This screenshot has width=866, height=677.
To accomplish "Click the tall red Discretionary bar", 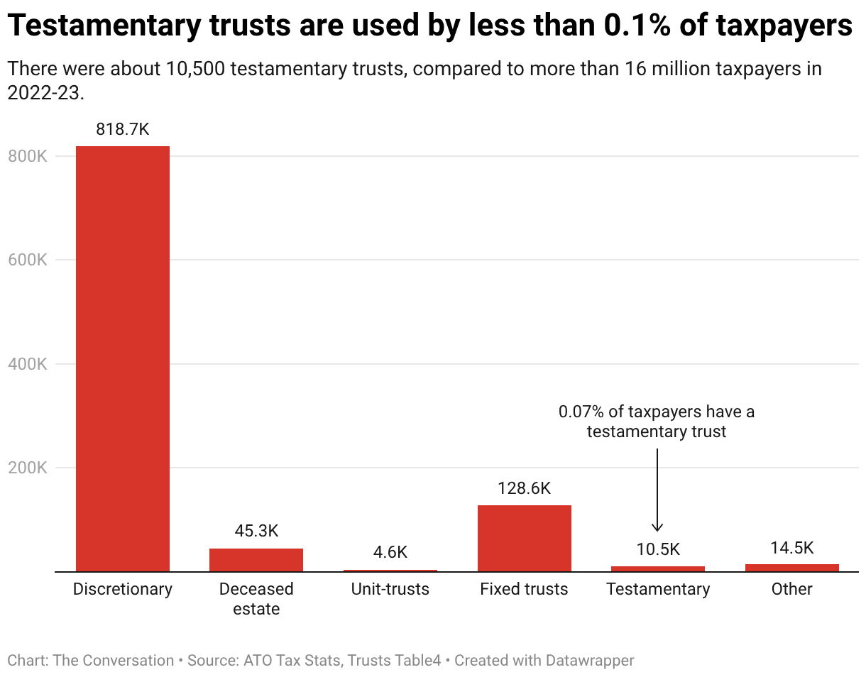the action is [123, 359].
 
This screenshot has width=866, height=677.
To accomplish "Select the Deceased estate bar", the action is [256, 560].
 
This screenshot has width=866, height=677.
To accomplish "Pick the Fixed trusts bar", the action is [525, 539].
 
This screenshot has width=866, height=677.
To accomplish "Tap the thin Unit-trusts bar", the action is [390, 571].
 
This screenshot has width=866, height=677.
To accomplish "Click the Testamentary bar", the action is [658, 568].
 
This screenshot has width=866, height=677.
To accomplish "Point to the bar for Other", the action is [792, 568].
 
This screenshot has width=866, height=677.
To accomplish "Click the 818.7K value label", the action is [123, 129].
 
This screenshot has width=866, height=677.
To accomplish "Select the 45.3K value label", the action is [256, 531].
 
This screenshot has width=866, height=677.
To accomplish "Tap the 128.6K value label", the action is [525, 488].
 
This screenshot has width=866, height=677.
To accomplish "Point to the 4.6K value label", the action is [390, 552].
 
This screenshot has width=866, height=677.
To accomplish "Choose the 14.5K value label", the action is [792, 548].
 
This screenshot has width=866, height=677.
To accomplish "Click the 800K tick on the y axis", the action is [28, 156].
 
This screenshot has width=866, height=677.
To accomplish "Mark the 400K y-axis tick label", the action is [28, 364].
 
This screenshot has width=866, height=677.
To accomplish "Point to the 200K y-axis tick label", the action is [28, 468].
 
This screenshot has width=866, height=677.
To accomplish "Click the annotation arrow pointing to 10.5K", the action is [657, 490].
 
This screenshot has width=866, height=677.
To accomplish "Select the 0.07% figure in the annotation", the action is [581, 412].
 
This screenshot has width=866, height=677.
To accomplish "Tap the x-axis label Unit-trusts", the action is [390, 589].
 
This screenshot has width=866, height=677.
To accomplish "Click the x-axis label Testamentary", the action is [658, 590].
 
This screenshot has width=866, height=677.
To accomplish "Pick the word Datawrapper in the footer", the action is [590, 660].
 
